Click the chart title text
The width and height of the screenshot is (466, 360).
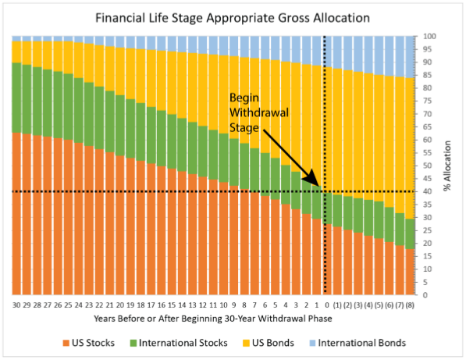pos(232,16)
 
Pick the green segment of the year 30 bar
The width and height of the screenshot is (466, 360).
pos(17,98)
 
